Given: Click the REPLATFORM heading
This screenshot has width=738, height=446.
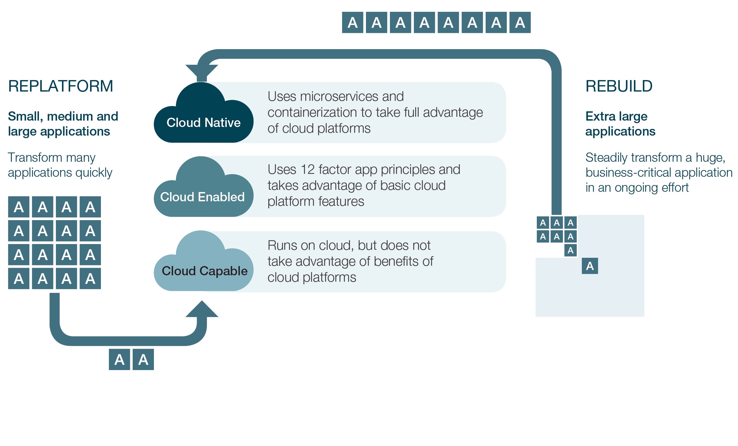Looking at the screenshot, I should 60,86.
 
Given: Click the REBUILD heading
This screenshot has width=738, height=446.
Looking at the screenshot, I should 619,86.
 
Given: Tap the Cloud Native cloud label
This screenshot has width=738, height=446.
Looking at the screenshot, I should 203,123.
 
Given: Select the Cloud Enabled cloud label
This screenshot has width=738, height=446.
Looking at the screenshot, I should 202,197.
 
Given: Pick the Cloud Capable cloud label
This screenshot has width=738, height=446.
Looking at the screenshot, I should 204,271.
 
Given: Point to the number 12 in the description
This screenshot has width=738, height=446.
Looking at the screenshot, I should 308,170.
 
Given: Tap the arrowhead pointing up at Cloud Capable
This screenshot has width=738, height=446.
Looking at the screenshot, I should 202,309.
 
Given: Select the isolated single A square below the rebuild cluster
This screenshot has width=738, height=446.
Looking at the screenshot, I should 590,266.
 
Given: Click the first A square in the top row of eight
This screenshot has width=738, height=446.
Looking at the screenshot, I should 353,23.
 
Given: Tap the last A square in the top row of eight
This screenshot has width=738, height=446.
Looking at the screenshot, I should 520,23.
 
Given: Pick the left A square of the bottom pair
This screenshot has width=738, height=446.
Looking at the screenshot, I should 119,360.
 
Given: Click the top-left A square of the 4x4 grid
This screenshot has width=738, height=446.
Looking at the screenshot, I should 19,207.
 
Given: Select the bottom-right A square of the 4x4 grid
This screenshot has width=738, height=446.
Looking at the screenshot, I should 90,279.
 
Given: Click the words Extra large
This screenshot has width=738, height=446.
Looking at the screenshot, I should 616,116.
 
